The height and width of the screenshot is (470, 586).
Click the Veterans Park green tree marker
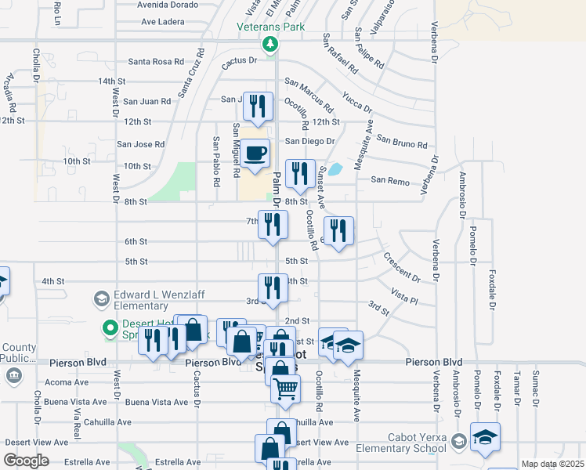[270, 44]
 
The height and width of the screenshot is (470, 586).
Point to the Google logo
[25, 461]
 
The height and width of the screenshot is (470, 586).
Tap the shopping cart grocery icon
[285, 387]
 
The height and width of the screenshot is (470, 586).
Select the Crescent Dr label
[401, 267]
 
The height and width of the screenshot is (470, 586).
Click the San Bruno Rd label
[401, 141]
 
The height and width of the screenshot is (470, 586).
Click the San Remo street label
[389, 181]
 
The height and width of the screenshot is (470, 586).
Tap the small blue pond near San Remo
[335, 168]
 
